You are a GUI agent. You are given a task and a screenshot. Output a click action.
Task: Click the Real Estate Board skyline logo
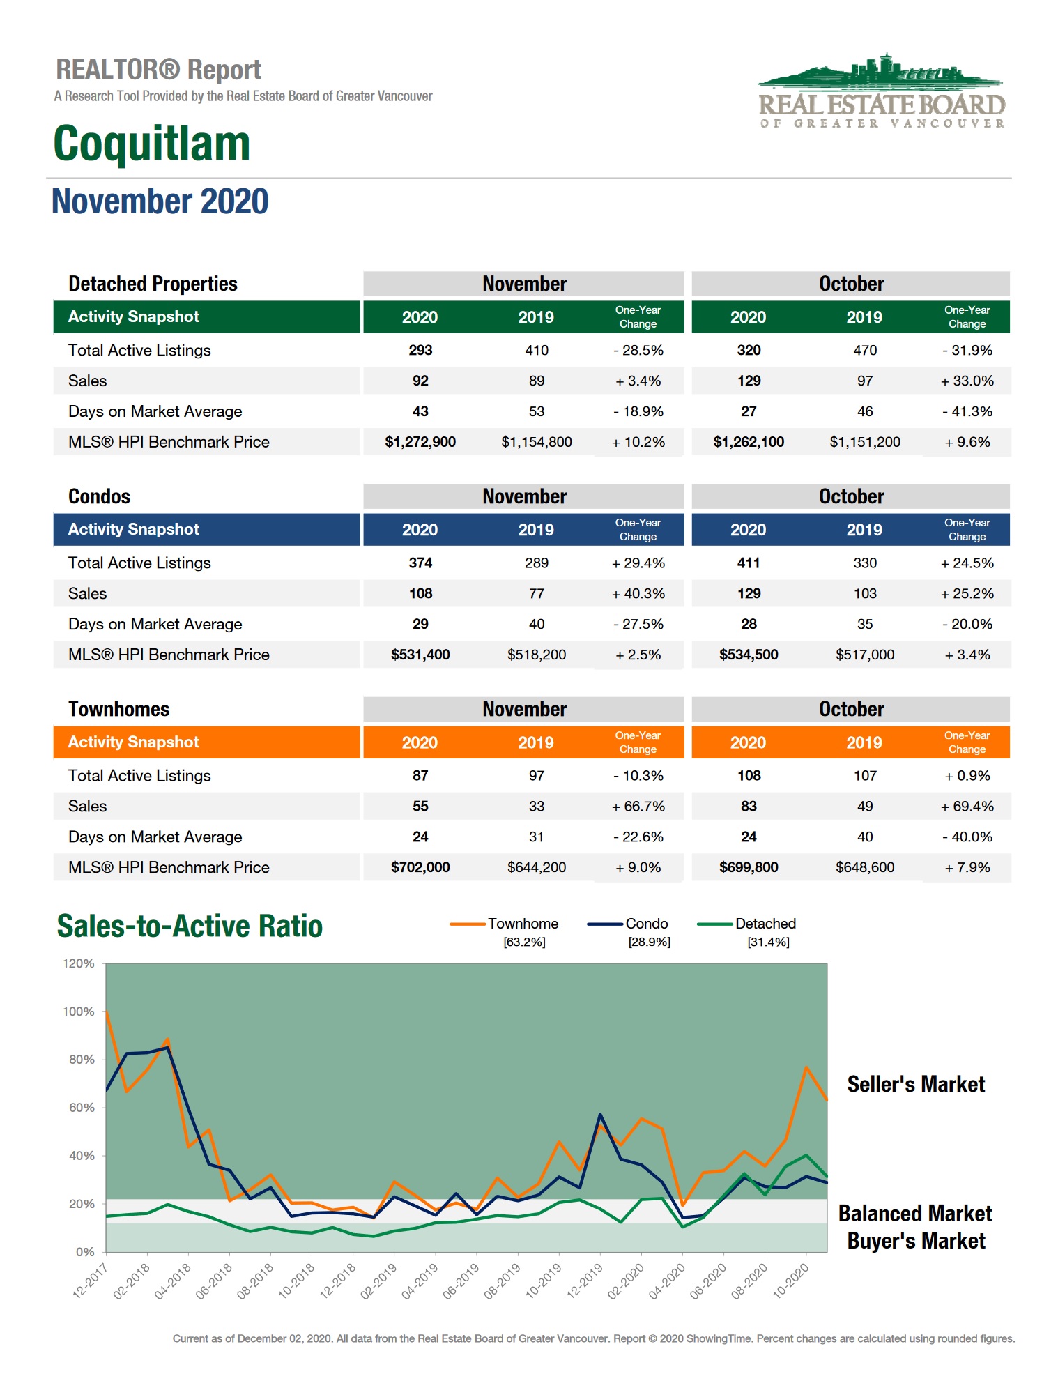click(881, 91)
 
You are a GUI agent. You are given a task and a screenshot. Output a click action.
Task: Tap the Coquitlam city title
click(152, 144)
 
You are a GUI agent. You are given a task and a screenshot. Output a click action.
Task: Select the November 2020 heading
click(160, 201)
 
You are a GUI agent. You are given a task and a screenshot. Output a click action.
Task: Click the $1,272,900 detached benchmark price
click(420, 442)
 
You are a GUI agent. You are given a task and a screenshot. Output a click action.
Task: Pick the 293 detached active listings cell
click(420, 350)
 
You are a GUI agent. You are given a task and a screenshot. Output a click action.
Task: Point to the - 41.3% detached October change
click(967, 411)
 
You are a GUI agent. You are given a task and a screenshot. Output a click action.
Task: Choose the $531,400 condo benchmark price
click(420, 655)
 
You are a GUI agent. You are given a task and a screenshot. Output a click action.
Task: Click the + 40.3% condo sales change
click(638, 593)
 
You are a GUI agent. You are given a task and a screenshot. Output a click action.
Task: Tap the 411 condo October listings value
click(749, 563)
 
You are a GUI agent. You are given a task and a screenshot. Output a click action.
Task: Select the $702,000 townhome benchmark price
click(420, 867)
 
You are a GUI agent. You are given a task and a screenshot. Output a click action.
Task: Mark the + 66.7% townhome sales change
click(638, 806)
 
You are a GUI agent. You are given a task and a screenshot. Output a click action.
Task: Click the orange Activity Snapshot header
click(134, 742)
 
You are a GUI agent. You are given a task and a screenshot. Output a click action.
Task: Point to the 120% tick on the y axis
click(78, 963)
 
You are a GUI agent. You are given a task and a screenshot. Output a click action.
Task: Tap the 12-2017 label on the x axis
click(90, 1281)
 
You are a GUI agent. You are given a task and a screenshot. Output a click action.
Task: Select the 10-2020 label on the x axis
click(791, 1281)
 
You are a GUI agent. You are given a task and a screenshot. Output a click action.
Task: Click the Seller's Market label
click(916, 1084)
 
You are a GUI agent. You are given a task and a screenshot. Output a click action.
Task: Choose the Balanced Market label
click(914, 1214)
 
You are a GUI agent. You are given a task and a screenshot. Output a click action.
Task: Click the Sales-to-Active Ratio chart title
click(190, 926)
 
